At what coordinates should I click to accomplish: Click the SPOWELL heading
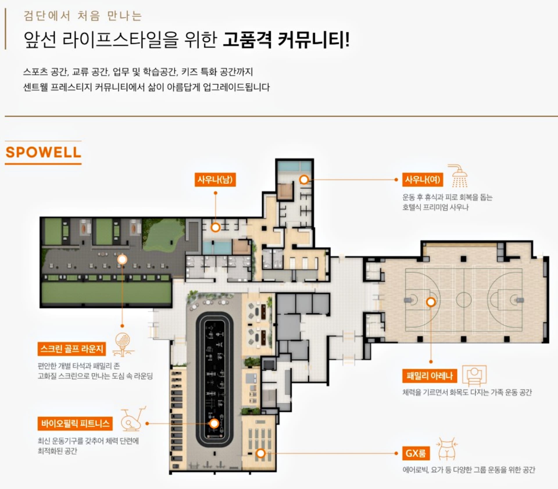pyautogui.click(x=43, y=152)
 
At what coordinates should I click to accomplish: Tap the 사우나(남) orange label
pyautogui.click(x=215, y=180)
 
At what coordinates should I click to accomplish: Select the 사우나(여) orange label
pyautogui.click(x=423, y=180)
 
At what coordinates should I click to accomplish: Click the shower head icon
pyautogui.click(x=459, y=175)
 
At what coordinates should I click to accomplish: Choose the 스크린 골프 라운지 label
pyautogui.click(x=72, y=349)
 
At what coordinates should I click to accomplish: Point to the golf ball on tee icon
pyautogui.click(x=123, y=345)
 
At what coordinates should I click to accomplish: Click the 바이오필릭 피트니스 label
pyautogui.click(x=75, y=423)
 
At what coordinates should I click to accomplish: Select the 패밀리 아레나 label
pyautogui.click(x=430, y=376)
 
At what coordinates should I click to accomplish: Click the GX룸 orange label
pyautogui.click(x=416, y=453)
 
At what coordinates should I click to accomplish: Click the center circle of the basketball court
pyautogui.click(x=464, y=300)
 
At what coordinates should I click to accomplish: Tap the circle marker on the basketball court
pyautogui.click(x=431, y=302)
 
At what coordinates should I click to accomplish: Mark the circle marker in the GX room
pyautogui.click(x=261, y=453)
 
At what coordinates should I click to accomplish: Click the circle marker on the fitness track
pyautogui.click(x=214, y=424)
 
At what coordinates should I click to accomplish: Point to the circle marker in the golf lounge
pyautogui.click(x=122, y=259)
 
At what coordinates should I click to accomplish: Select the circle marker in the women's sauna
pyautogui.click(x=304, y=180)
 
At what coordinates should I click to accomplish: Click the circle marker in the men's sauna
pyautogui.click(x=215, y=227)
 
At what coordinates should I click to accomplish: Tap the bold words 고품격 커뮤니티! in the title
pyautogui.click(x=286, y=40)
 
